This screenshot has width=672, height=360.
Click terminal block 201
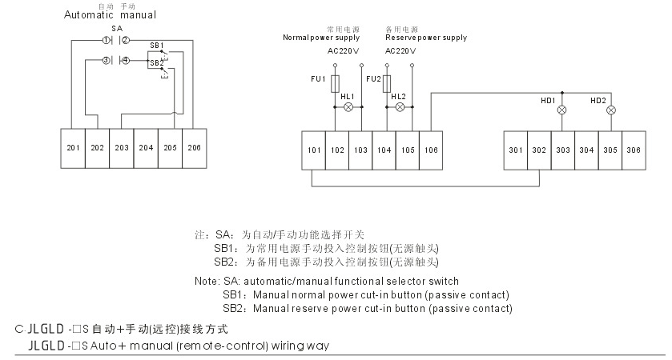tap(73, 148)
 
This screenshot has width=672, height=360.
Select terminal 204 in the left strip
tap(145, 148)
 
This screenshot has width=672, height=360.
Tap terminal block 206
tap(193, 148)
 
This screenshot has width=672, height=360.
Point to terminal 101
tap(313, 150)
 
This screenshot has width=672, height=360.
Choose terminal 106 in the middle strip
tap(431, 150)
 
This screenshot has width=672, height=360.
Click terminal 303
tap(562, 150)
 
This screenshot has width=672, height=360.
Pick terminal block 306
tap(634, 150)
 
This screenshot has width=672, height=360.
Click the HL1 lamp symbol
tap(348, 106)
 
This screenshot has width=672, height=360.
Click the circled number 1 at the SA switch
tap(107, 39)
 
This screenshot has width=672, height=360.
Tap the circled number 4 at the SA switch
tap(124, 61)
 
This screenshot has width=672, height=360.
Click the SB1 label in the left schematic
tap(156, 45)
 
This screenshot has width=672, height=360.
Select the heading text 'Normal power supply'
tap(321, 38)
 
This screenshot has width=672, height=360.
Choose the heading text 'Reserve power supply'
tap(425, 38)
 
